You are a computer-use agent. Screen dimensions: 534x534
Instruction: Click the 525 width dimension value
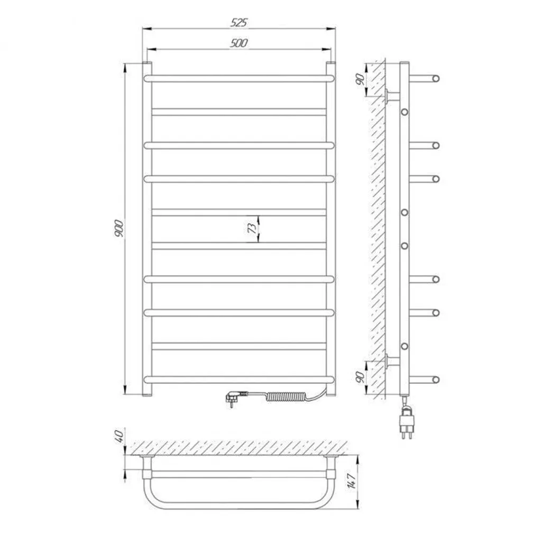[239, 22]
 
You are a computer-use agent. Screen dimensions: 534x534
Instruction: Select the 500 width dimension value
[239, 43]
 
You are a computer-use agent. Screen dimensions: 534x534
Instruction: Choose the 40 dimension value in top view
[119, 437]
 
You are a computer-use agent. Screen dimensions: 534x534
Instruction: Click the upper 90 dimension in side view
[360, 79]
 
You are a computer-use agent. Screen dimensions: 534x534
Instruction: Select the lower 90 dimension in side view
[360, 376]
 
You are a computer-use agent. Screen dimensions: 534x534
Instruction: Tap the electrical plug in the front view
[233, 398]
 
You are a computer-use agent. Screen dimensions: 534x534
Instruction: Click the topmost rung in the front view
[238, 78]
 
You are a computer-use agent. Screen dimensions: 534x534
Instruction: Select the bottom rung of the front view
[238, 379]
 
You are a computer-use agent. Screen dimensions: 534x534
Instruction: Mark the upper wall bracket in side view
[393, 96]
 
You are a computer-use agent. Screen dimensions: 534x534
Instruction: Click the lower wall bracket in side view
[393, 361]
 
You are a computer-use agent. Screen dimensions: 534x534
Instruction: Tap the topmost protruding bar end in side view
[435, 79]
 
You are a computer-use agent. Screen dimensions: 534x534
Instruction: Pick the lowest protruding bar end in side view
[435, 379]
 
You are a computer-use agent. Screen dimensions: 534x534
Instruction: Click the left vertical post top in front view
[147, 66]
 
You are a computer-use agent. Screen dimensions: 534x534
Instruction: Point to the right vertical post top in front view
[330, 66]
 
